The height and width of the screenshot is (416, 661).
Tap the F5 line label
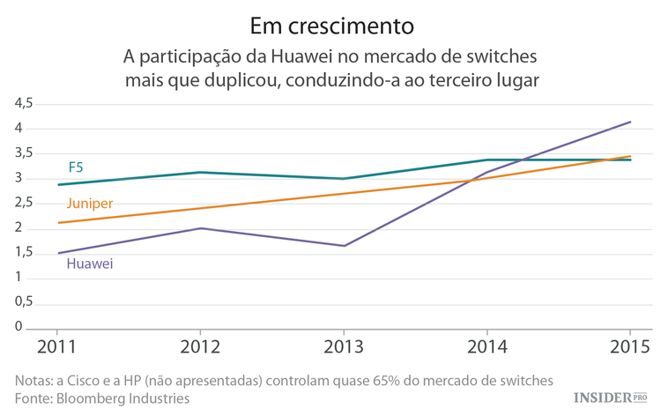77,167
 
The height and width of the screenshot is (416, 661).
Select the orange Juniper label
89,204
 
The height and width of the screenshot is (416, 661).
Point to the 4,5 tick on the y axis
23,103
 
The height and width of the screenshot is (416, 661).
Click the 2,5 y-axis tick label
23,204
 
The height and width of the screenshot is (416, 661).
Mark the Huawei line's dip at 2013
344,246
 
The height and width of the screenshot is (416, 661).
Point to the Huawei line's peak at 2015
630,122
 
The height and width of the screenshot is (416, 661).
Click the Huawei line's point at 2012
201,228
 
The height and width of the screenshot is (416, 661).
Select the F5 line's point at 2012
201,172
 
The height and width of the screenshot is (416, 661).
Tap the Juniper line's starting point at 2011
58,223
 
